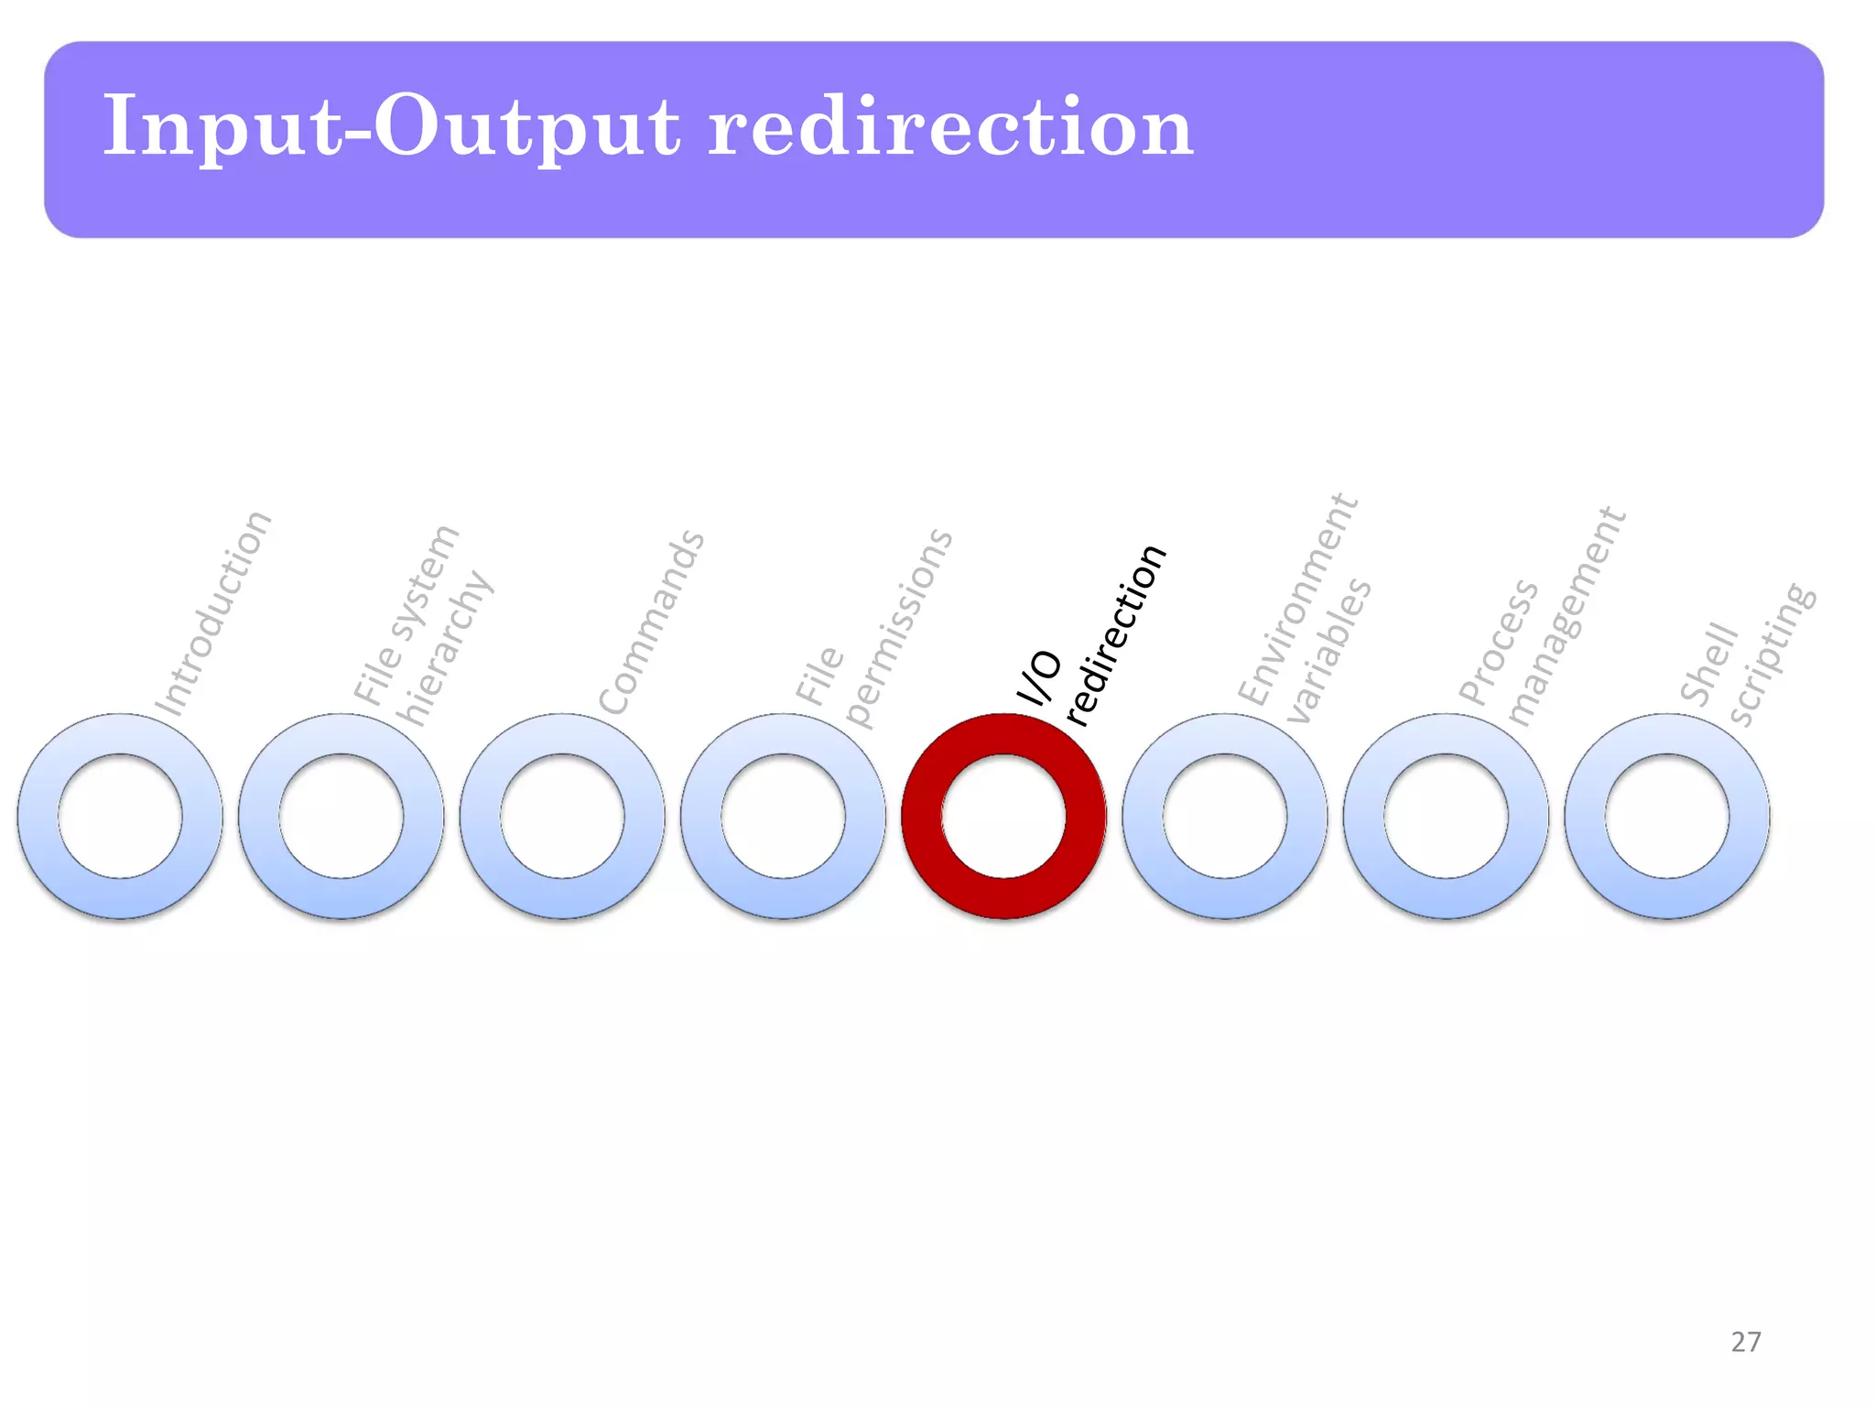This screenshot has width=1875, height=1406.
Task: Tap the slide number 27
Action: click(1746, 1342)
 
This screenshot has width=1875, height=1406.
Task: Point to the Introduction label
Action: click(213, 614)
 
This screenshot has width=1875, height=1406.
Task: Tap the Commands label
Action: click(651, 622)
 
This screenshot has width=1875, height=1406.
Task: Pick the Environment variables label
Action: click(1305, 609)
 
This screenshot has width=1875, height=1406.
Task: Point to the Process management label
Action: click(1542, 617)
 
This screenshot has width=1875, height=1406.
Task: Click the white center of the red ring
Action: click(1004, 816)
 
